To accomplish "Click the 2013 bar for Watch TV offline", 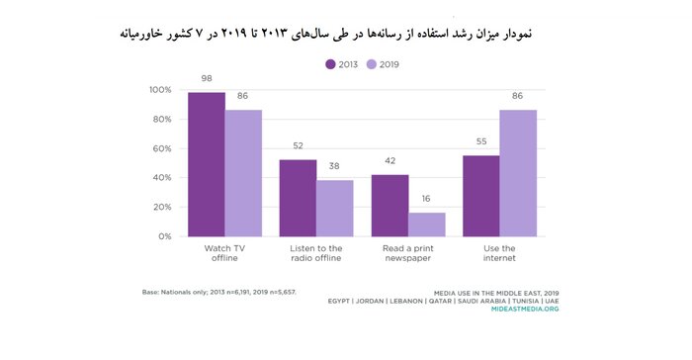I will coord(206,164).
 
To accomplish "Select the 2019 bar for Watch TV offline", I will coord(243,173).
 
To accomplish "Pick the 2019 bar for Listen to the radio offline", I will coord(335,209).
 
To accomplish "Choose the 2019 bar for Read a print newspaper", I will coord(427,225).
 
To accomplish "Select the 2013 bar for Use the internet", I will coord(481,196).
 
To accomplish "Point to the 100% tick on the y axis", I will coord(159,90).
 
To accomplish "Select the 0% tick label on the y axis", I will coord(164,237).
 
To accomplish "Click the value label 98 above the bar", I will coord(206,79).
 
